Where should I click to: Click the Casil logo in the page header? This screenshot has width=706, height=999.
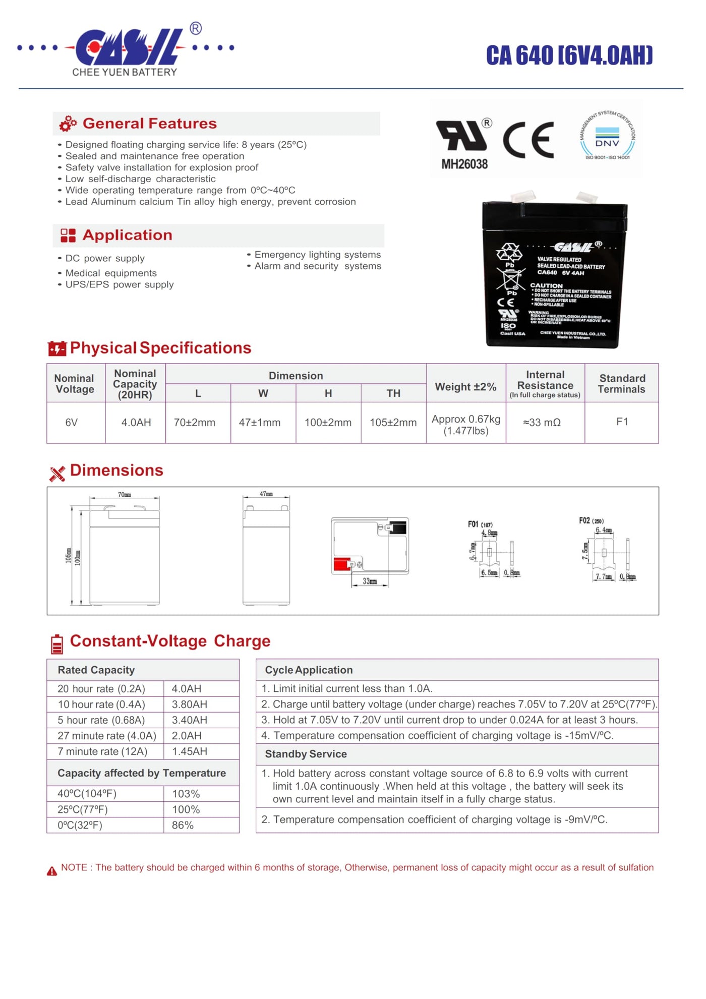click(x=126, y=48)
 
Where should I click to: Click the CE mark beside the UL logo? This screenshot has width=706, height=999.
click(x=528, y=140)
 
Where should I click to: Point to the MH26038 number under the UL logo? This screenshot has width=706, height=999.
click(x=464, y=164)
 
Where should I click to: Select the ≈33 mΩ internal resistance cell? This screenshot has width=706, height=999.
click(x=542, y=423)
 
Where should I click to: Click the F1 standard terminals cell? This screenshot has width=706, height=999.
click(x=622, y=422)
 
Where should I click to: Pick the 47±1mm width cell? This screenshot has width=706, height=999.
click(x=260, y=423)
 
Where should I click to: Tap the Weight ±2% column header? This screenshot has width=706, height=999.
click(x=465, y=387)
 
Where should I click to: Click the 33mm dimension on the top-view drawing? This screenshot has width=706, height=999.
click(x=370, y=581)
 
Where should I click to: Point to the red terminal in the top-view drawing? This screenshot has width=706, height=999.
click(x=342, y=564)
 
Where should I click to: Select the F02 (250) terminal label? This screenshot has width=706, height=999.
click(x=591, y=520)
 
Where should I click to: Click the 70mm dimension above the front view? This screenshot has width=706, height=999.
click(x=125, y=495)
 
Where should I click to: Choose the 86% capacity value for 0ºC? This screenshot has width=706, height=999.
click(x=183, y=825)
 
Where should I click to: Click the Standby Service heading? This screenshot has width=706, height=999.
click(x=306, y=754)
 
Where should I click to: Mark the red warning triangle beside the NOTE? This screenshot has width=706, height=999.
click(x=52, y=871)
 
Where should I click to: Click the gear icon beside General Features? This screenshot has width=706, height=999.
click(x=68, y=124)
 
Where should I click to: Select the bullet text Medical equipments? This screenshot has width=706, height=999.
click(x=111, y=273)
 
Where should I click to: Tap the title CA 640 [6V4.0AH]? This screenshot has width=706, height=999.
click(x=569, y=55)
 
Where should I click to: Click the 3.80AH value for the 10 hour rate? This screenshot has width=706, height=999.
click(x=190, y=704)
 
